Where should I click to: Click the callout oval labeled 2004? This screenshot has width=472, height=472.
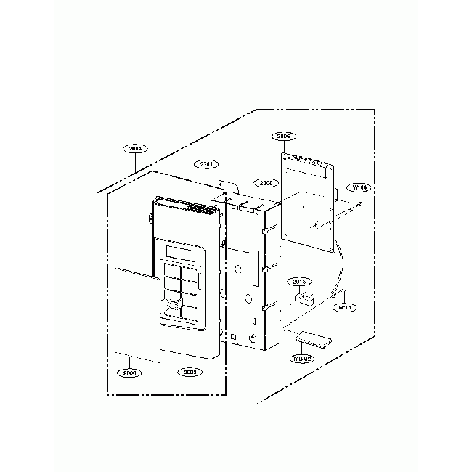click(136, 148)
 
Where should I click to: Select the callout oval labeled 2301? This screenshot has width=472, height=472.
click(206, 165)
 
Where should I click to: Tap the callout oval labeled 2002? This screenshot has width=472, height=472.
click(190, 372)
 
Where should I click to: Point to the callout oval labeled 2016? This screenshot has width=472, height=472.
click(300, 281)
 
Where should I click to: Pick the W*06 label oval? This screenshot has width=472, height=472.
click(360, 187)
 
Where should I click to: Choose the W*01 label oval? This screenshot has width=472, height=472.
click(345, 307)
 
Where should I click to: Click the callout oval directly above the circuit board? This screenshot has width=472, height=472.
click(284, 136)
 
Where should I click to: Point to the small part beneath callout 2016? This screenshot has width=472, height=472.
click(302, 296)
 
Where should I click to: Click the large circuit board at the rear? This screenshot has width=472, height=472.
click(309, 196)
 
